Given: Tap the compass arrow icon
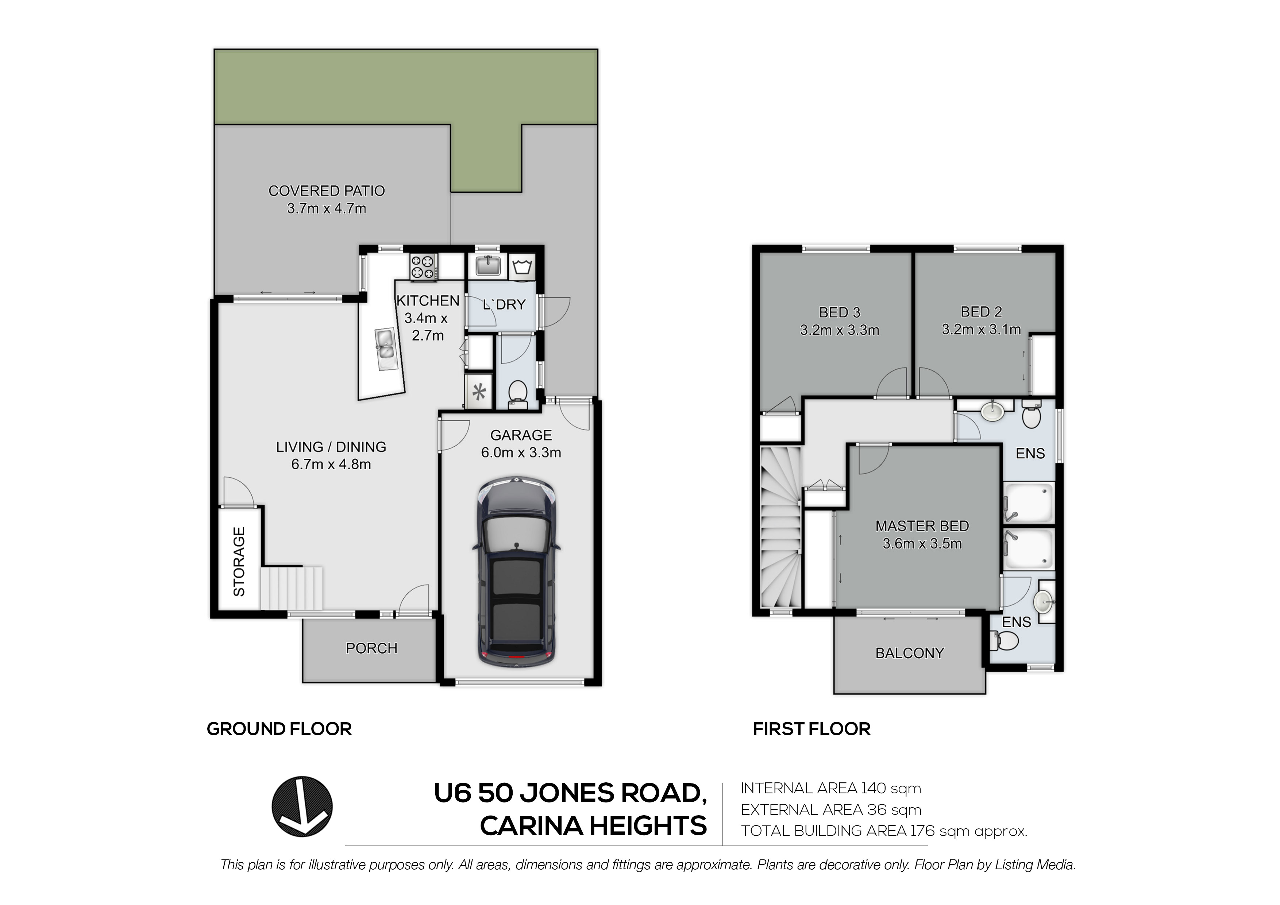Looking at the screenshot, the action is (302, 806).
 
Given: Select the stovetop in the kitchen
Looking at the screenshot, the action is (424, 266).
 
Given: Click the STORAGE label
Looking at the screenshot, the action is (239, 562).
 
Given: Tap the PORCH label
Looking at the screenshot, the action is (372, 648).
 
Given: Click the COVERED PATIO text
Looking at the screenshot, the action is (327, 191).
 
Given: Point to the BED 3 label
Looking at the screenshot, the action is (840, 312).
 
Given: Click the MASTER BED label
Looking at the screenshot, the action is (922, 526).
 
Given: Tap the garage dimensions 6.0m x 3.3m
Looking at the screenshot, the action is (521, 452).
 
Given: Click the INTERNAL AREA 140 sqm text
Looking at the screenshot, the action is (831, 789).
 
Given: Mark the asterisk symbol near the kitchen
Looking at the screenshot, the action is (479, 393).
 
